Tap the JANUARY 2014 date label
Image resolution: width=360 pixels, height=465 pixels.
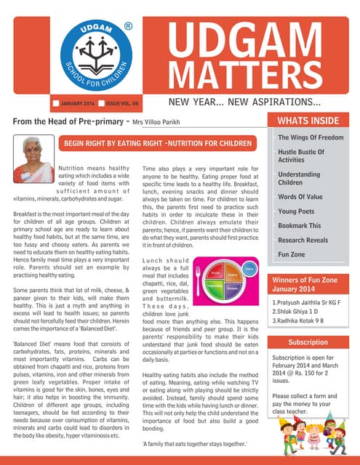(76, 105)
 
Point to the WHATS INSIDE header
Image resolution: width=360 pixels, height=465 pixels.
(310, 121)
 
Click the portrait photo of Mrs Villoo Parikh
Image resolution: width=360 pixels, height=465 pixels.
(33, 158)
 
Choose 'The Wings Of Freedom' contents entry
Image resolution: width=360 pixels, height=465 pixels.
(311, 137)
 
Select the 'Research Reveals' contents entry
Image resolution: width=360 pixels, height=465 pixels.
(308, 240)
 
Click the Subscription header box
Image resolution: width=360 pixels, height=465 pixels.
(308, 341)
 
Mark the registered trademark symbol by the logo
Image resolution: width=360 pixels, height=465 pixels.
(129, 26)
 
